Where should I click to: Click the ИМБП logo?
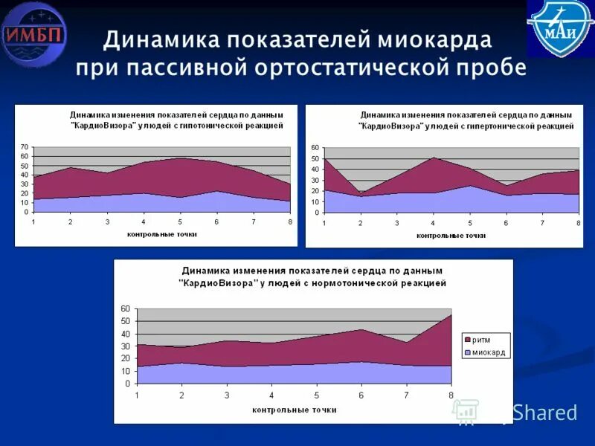(x=34, y=34)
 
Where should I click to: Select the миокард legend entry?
(x=488, y=352)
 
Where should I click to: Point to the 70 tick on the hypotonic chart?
(x=25, y=146)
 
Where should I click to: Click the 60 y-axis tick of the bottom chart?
(x=125, y=308)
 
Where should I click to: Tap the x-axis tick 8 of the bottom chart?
(x=451, y=394)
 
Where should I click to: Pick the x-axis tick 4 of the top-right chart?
(x=433, y=223)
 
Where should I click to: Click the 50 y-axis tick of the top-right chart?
(x=315, y=159)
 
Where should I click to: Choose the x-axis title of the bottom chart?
(x=294, y=410)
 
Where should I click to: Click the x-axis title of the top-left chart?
(x=162, y=234)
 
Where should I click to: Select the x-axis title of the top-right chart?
(x=451, y=235)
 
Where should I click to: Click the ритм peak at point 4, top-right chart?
(x=433, y=157)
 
